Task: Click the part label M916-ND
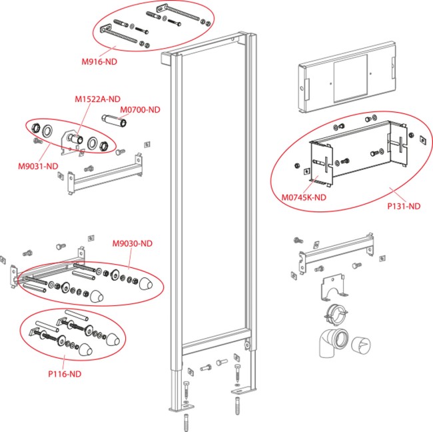coord(99,61)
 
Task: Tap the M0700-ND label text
coord(141,109)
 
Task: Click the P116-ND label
coord(65,374)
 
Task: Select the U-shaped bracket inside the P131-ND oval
coord(360,157)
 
